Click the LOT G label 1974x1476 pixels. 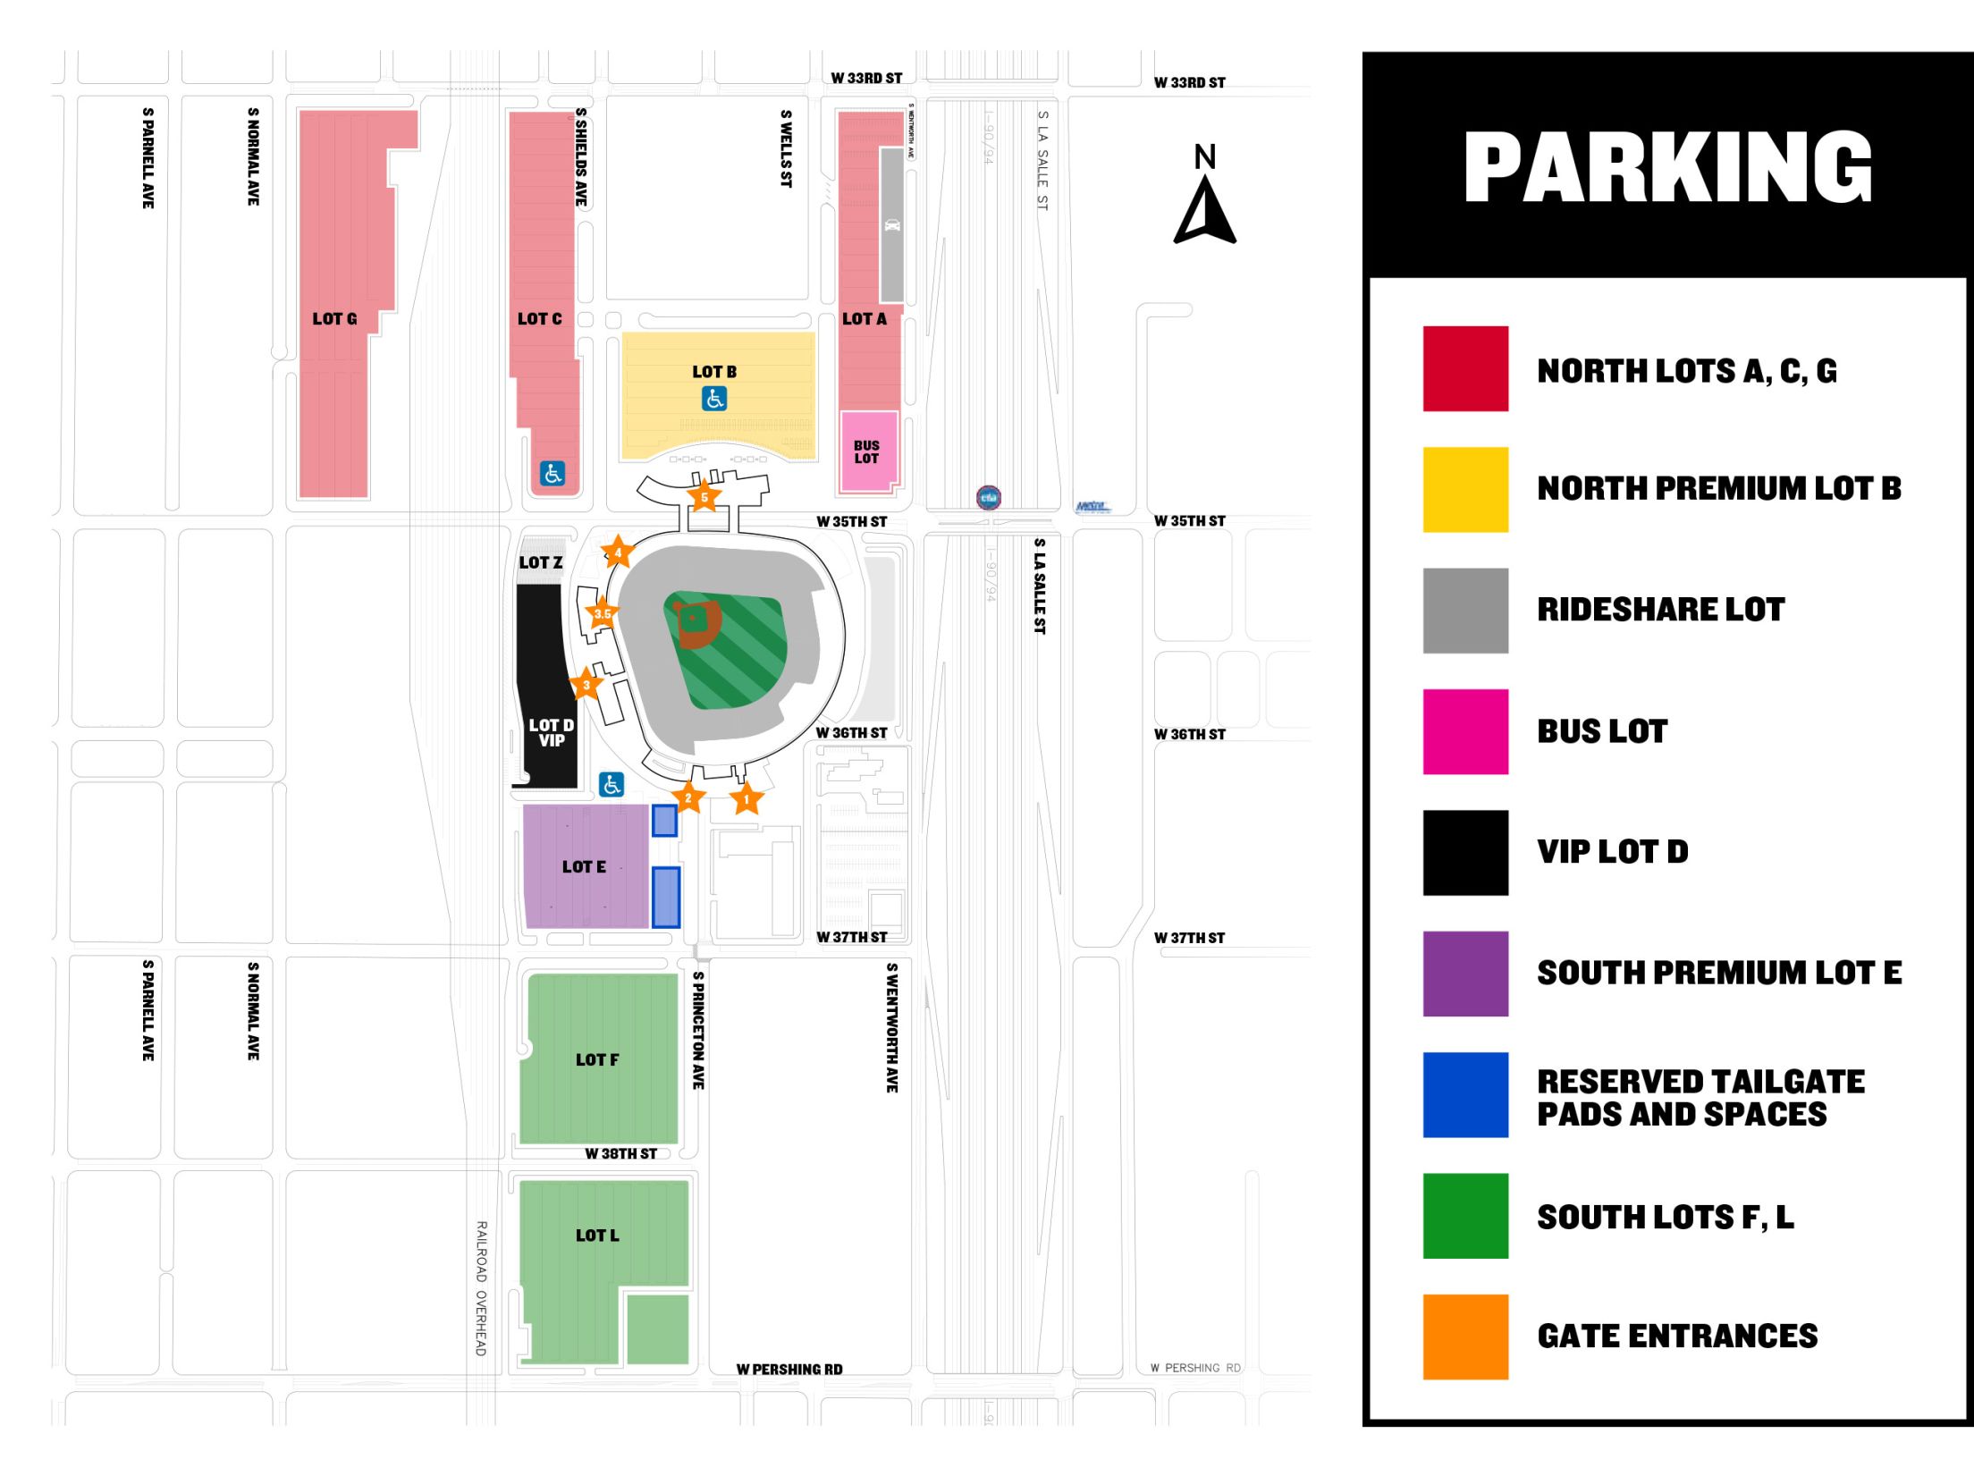(334, 319)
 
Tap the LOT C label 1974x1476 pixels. (540, 319)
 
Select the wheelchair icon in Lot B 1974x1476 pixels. (714, 399)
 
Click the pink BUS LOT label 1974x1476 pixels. (866, 452)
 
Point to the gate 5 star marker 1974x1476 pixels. (704, 497)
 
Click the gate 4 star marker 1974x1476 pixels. (618, 552)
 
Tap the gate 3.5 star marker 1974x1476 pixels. (603, 613)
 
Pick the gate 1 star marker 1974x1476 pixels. (747, 799)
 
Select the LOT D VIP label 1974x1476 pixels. (552, 732)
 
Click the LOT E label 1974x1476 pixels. (584, 867)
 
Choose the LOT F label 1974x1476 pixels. (597, 1060)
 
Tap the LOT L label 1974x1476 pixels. (597, 1236)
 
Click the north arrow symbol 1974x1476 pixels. (1205, 209)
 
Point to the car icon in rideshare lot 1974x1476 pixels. (892, 225)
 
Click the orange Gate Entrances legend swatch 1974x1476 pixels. (1465, 1337)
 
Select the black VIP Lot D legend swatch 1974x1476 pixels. (1465, 853)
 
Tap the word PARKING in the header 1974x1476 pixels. (1667, 167)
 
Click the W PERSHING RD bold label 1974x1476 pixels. (789, 1370)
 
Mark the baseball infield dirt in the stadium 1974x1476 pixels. (697, 624)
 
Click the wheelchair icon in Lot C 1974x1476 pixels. (553, 474)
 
